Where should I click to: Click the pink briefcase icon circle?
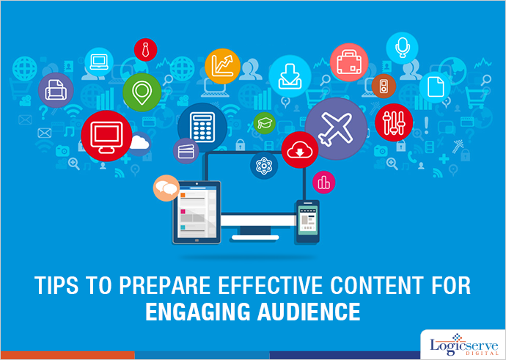point(348,63)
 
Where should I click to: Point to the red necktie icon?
point(145,50)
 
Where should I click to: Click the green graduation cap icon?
point(263,122)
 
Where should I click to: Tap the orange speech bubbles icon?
point(166,189)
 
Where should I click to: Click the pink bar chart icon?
point(323,183)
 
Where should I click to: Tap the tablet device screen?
point(196,213)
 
